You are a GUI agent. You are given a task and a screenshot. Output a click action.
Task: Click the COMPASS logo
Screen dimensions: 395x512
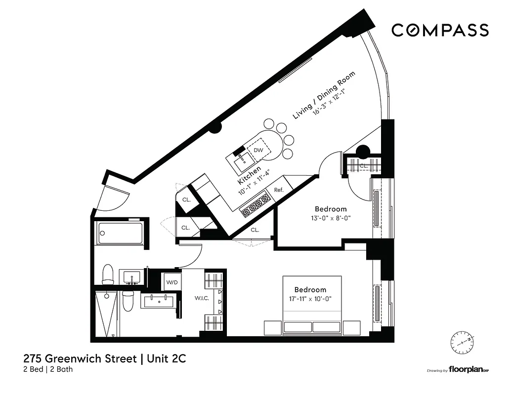440,30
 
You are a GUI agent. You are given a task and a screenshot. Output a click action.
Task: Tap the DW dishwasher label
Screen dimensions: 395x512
258,150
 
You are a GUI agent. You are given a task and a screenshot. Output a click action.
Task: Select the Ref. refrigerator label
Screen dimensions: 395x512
278,190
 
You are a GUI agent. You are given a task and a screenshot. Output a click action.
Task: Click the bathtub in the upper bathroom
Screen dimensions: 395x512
121,233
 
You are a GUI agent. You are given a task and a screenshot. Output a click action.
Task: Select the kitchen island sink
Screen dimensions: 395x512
242,159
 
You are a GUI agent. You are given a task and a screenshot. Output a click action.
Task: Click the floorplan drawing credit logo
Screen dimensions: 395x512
464,370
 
